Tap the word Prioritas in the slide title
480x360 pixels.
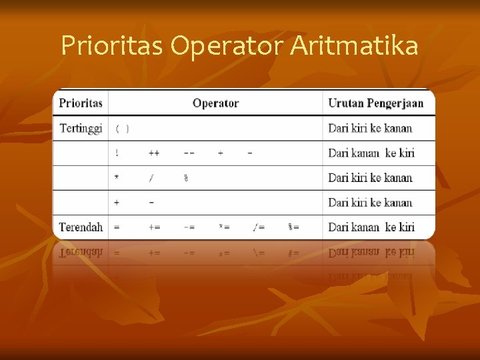point(111,45)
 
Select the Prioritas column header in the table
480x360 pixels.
point(81,103)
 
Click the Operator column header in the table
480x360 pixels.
point(215,103)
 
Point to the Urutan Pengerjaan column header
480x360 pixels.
point(376,103)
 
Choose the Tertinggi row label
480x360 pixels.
point(81,128)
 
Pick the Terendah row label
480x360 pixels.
point(81,227)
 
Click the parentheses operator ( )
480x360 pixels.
point(122,128)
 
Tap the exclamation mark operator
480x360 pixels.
point(117,153)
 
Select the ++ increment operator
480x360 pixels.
point(154,153)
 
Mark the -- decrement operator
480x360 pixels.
point(189,153)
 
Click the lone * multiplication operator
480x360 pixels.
point(117,177)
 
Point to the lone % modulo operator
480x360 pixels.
point(186,177)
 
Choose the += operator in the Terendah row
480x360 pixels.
point(154,227)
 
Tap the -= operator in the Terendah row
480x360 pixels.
point(189,227)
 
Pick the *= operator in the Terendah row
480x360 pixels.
point(224,227)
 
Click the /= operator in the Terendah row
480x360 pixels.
point(259,227)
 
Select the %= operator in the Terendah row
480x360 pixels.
point(293,227)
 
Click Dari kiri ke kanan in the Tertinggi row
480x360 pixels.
point(370,128)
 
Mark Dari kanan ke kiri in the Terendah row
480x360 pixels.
point(371,227)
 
